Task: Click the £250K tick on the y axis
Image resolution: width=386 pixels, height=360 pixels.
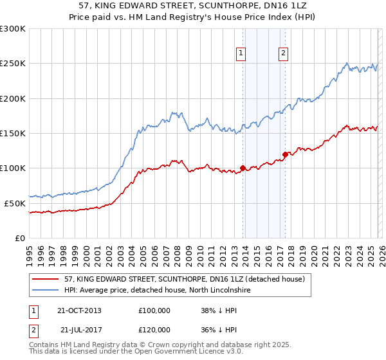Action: pos(13,64)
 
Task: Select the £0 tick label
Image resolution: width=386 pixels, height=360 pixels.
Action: pos(19,238)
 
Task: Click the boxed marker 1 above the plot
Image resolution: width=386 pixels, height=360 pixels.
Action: pos(241,54)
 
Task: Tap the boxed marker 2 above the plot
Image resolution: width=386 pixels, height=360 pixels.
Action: pos(283,54)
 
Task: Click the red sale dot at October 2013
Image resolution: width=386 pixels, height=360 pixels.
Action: pos(243,168)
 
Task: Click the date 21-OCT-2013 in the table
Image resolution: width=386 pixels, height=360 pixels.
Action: pos(79,310)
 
